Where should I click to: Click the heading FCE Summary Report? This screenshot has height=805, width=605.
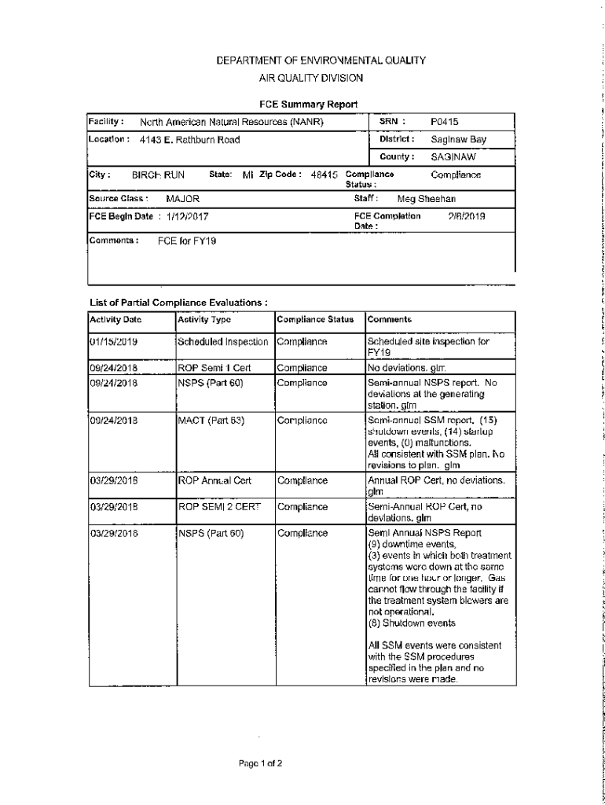click(309, 104)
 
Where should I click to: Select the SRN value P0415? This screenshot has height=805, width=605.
click(445, 122)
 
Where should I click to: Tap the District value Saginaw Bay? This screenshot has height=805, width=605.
click(459, 140)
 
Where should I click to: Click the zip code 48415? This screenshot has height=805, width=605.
click(324, 175)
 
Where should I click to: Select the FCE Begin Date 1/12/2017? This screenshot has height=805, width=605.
click(187, 216)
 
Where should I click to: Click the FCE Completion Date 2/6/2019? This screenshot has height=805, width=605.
click(467, 215)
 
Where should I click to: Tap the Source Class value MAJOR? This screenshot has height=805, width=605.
click(183, 199)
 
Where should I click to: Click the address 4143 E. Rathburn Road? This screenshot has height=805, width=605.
click(189, 140)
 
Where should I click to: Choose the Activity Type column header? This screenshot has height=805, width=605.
click(204, 320)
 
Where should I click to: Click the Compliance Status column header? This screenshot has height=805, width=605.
click(315, 320)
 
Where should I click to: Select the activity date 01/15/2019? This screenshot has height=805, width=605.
click(115, 342)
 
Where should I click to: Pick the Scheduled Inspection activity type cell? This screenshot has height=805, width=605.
click(223, 342)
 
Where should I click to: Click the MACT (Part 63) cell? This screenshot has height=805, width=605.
click(211, 421)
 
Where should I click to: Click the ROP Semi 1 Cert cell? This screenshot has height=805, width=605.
click(213, 367)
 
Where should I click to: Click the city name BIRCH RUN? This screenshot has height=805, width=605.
click(158, 175)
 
